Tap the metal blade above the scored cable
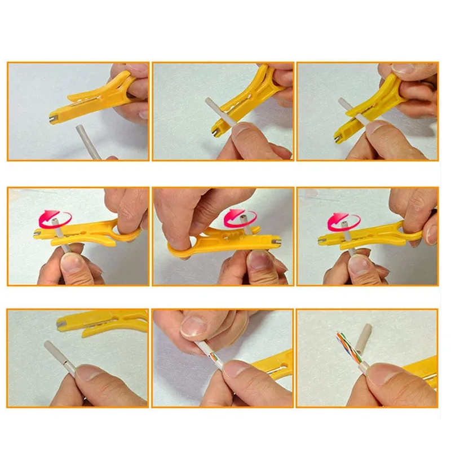pyautogui.click(x=61, y=323)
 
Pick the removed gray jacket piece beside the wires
pyautogui.click(x=366, y=335)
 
